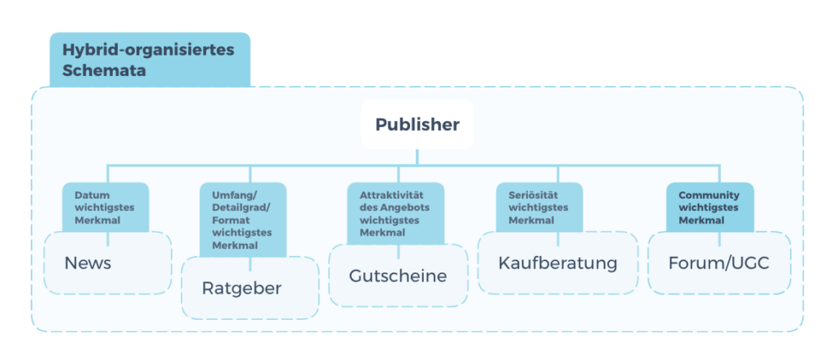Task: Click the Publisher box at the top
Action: click(417, 124)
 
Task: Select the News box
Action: click(107, 263)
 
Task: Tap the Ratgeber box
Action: click(250, 288)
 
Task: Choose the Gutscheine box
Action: click(399, 276)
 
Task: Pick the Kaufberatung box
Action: click(558, 263)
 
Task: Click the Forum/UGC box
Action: click(719, 263)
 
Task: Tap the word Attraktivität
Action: click(392, 195)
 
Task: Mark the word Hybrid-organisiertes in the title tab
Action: click(149, 50)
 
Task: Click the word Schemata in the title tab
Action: click(104, 70)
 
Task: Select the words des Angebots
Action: click(394, 208)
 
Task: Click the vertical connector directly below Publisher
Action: click(417, 157)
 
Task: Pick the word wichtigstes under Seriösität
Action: click(538, 208)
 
